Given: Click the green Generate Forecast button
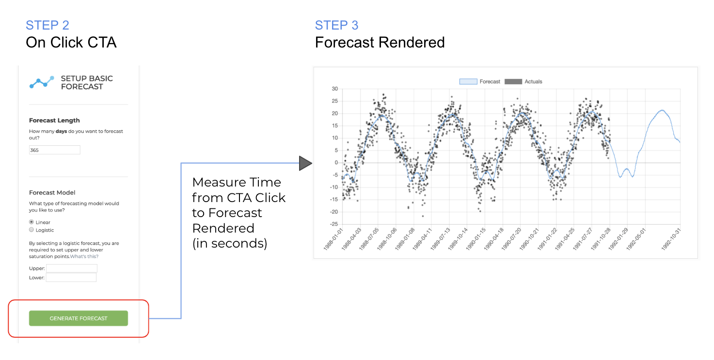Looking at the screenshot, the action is [79, 318].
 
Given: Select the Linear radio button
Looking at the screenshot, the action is [31, 222].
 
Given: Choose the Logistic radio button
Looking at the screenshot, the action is [31, 230].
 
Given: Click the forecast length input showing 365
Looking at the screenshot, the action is [54, 150].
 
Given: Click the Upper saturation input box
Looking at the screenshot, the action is [72, 268].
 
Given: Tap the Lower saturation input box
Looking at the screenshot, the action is [71, 278].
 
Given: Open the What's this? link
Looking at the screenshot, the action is [84, 256].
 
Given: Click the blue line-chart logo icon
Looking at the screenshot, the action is [42, 82].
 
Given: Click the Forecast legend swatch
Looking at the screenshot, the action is [468, 81].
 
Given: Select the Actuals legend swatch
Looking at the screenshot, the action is [513, 81].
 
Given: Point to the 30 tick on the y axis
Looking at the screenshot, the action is [334, 89].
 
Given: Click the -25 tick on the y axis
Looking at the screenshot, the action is [333, 224].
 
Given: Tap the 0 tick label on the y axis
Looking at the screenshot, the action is [336, 163].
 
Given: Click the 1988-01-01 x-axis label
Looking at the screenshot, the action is [333, 239].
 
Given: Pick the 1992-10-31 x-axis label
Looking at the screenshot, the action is [671, 239].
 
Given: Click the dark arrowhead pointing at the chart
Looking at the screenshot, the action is [305, 163].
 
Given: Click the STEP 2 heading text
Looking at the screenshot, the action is [48, 25].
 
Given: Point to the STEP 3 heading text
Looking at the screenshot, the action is [336, 25].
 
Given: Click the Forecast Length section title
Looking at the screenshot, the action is [54, 121].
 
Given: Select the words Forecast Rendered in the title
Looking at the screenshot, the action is [380, 42].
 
